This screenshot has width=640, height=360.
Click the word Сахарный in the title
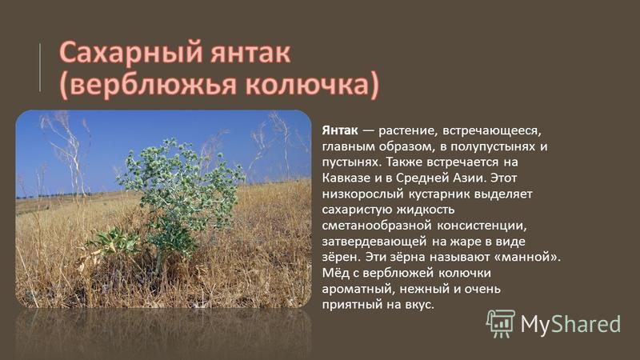point(131,53)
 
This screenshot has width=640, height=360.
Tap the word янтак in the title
point(251,53)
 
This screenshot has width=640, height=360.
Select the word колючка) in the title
point(312,85)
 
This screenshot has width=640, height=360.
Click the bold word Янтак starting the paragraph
point(340,130)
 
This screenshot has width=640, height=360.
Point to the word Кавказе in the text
point(346,178)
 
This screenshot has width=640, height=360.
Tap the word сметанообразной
point(377,226)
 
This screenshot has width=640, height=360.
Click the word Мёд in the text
point(334,273)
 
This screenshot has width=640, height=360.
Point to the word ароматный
point(358,289)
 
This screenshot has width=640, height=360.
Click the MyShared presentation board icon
point(501,324)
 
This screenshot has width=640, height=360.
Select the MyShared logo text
point(570,324)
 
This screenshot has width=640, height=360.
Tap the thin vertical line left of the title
point(40,67)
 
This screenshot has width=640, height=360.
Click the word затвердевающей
point(374,242)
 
